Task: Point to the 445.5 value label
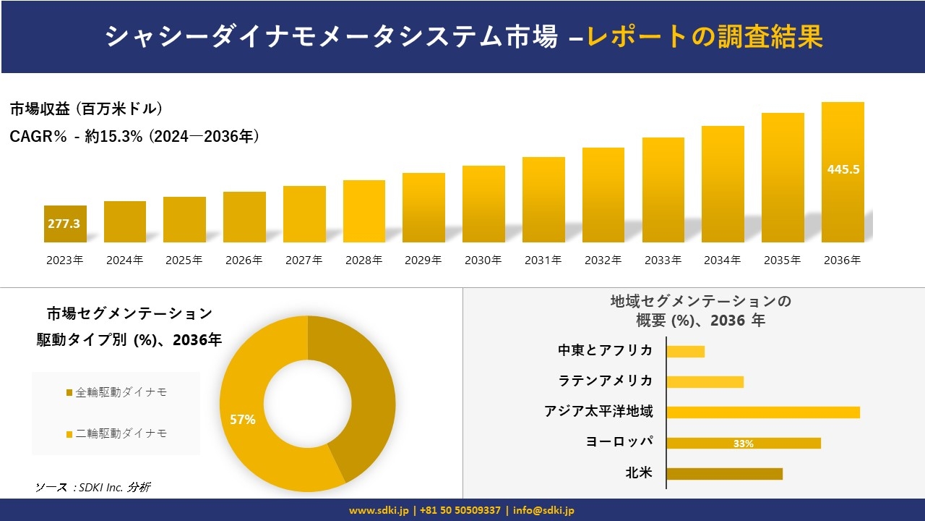click(843, 169)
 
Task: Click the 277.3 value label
click(64, 224)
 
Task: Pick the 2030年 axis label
click(483, 260)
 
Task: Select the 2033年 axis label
click(663, 260)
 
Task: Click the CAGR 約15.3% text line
click(134, 136)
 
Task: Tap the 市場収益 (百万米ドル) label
click(86, 109)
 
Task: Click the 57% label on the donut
click(242, 419)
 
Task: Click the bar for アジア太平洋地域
click(762, 412)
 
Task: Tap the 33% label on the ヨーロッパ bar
click(743, 444)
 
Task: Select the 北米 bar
click(724, 474)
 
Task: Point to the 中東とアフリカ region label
click(605, 350)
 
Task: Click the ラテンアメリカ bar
click(705, 381)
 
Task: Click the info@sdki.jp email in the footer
click(544, 510)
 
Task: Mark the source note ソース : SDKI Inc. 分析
click(92, 487)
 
